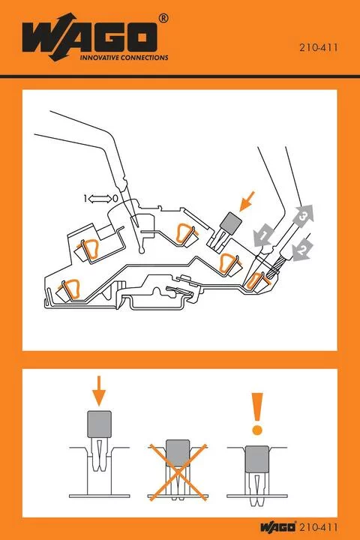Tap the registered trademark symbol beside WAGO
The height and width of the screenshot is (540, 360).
point(163,17)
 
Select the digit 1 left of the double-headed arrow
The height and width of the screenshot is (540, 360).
point(86,198)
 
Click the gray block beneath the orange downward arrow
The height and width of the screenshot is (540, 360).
point(100,424)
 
